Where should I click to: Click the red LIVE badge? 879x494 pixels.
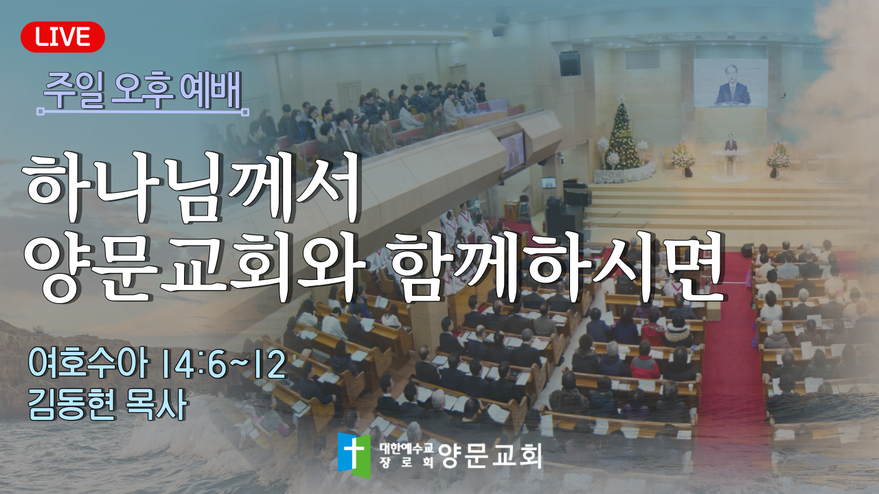(x=62, y=37)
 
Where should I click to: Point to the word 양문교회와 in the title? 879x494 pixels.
(x=195, y=268)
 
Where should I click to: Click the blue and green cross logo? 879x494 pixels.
(x=354, y=456)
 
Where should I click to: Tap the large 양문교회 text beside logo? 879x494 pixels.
(x=490, y=456)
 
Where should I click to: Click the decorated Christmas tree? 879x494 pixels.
(x=622, y=134)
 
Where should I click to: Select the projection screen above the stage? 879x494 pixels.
(x=730, y=83)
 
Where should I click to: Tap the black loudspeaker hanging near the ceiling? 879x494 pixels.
(x=569, y=64)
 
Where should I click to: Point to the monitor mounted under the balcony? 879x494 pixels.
(x=512, y=152)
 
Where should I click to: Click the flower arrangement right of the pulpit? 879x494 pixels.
(x=777, y=158)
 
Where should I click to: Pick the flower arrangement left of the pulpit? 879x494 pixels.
(x=683, y=158)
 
